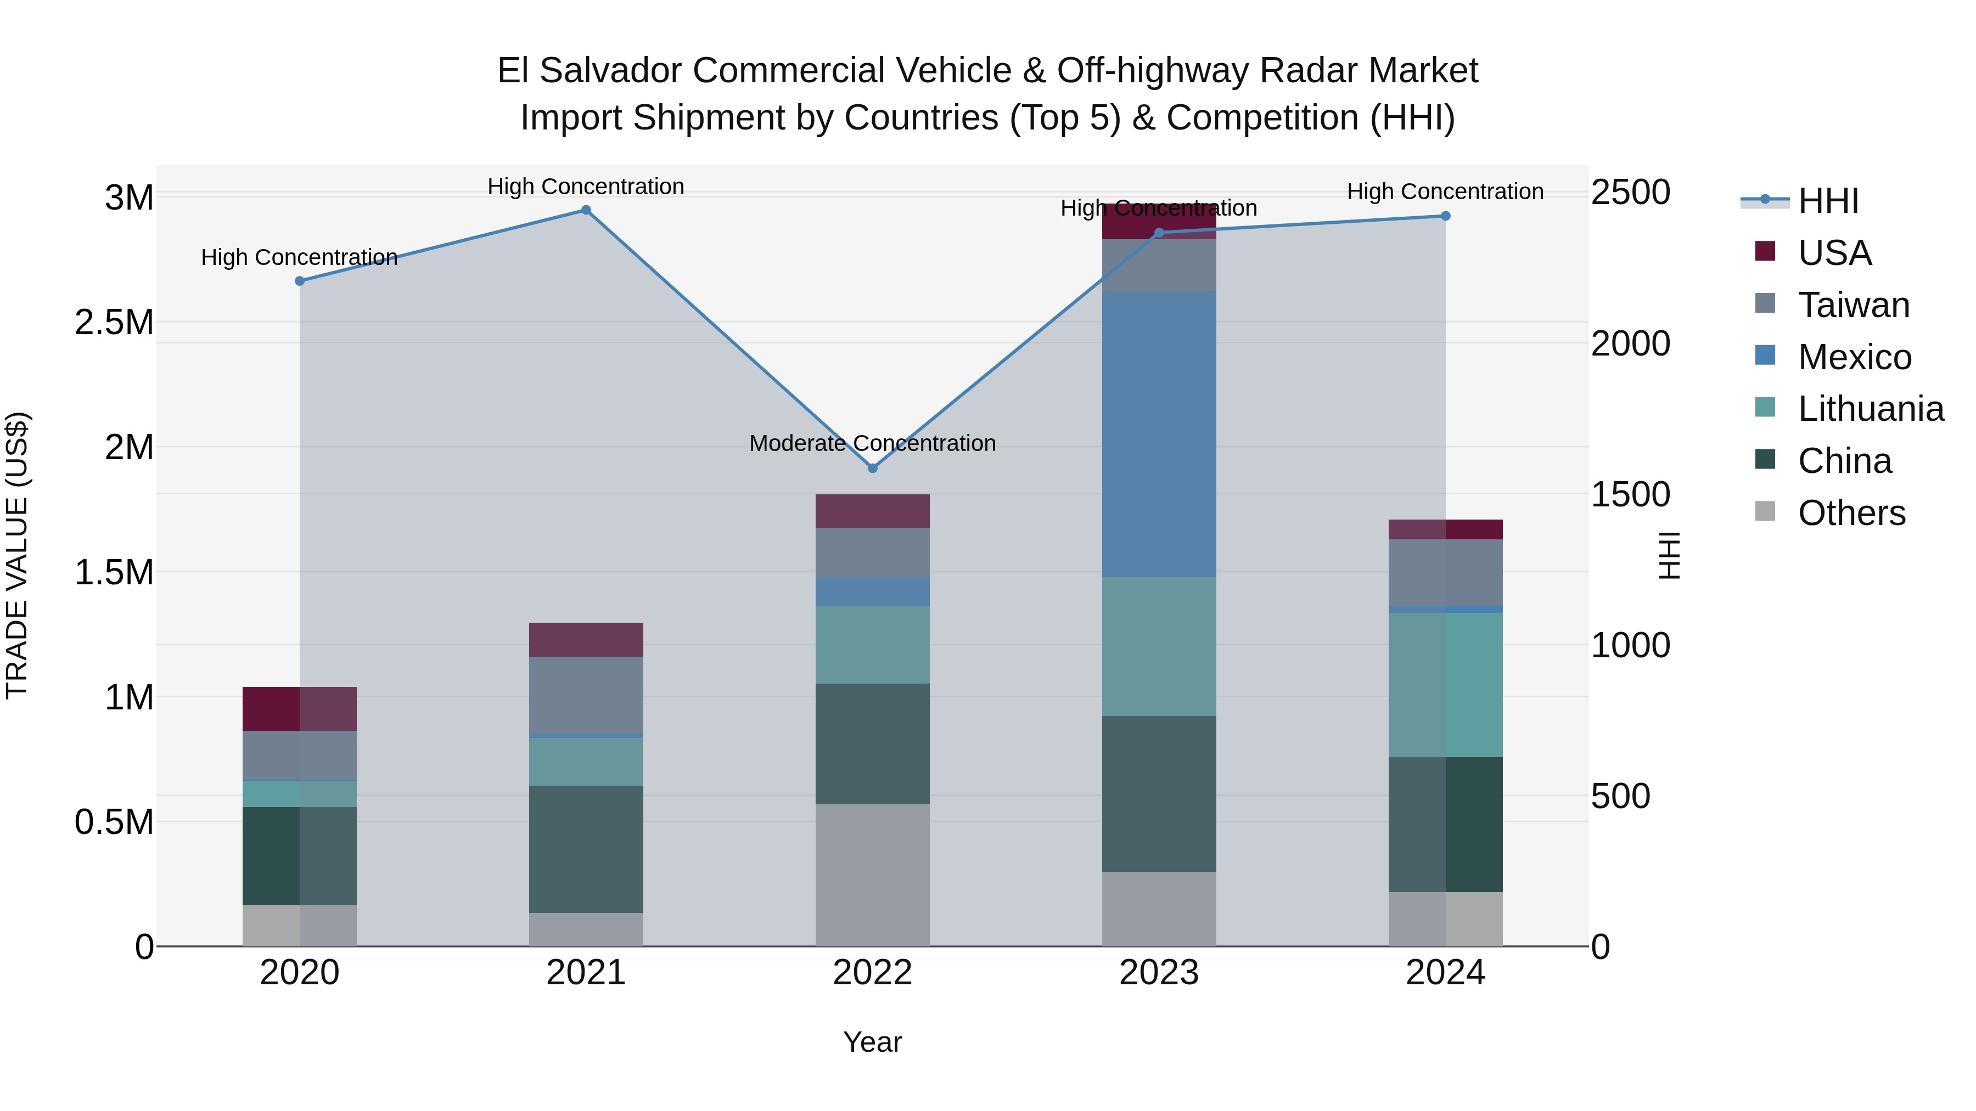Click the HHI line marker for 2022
click(x=872, y=467)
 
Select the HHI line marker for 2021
click(x=586, y=210)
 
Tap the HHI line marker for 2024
click(x=1445, y=216)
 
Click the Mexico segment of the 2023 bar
click(x=1158, y=434)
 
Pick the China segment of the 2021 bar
click(x=586, y=849)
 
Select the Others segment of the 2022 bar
click(x=872, y=875)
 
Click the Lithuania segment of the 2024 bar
click(x=1445, y=685)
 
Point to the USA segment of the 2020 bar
click(x=299, y=708)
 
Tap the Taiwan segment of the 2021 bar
click(x=586, y=695)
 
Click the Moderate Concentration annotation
click(x=872, y=443)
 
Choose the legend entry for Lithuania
click(x=1870, y=409)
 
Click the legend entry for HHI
click(x=1827, y=201)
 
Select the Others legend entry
click(x=1851, y=513)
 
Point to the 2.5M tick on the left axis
click(x=114, y=322)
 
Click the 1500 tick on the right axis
click(x=1630, y=494)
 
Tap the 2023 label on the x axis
click(x=1158, y=972)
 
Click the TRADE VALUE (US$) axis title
click(x=17, y=555)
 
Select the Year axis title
click(x=872, y=1042)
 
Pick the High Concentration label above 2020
click(x=299, y=258)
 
